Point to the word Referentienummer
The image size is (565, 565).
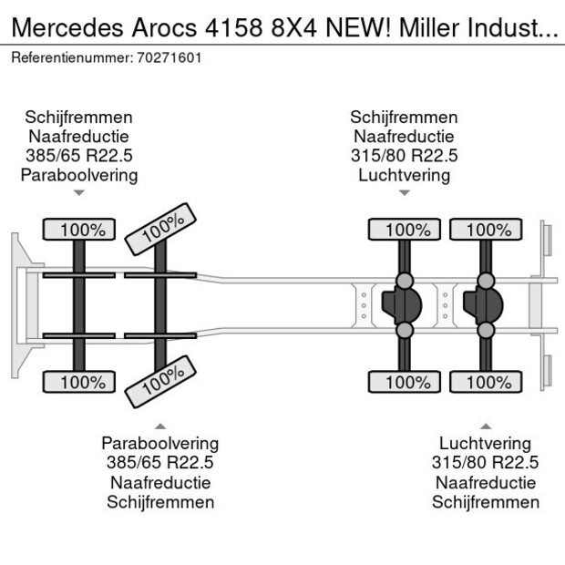coord(71,57)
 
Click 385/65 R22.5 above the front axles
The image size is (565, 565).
coord(78,156)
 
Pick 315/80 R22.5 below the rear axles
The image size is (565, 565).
coord(485,463)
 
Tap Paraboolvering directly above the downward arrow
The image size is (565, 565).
coord(78,175)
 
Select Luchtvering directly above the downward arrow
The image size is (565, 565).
coord(405,175)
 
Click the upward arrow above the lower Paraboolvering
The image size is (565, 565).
coord(159,426)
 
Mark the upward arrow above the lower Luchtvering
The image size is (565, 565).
coord(485,426)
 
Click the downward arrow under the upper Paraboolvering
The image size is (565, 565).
coord(78,192)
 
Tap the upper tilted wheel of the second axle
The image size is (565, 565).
coord(161,229)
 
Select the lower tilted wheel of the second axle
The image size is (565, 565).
coord(161,382)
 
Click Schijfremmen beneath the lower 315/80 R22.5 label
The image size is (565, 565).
coord(485,502)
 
